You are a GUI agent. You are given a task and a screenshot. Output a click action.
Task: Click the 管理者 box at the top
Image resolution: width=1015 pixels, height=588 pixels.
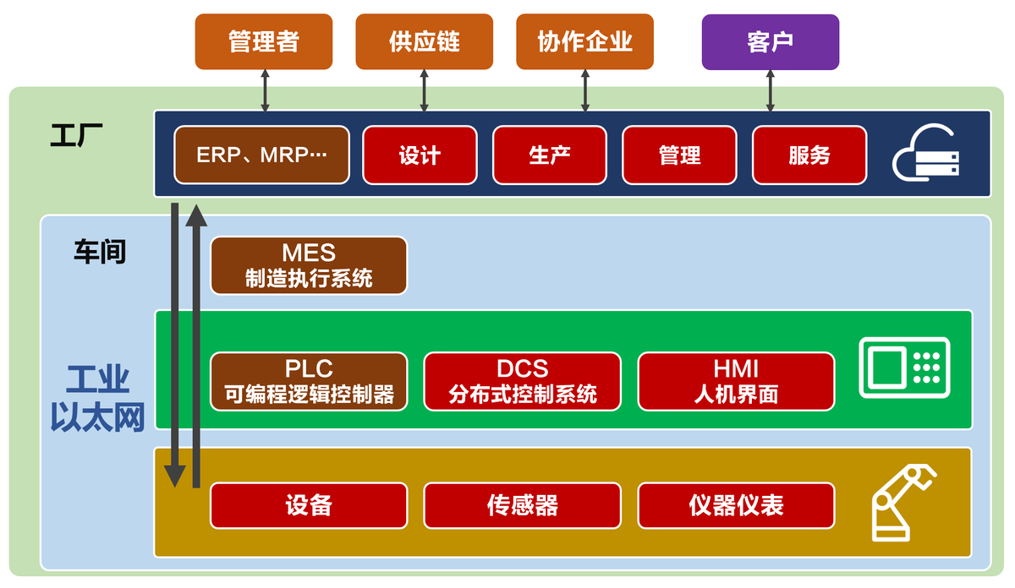(x=264, y=41)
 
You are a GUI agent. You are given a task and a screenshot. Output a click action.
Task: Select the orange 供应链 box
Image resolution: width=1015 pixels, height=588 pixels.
(x=425, y=41)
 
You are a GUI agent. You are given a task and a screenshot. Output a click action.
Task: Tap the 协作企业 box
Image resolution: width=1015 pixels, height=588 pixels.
(x=584, y=41)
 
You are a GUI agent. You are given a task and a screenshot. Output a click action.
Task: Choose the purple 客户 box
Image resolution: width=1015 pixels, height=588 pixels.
(x=770, y=41)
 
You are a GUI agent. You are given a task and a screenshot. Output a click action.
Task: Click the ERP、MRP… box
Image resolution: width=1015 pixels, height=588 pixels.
(x=261, y=155)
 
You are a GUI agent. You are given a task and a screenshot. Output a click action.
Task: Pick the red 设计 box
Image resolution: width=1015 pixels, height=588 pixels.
(x=419, y=155)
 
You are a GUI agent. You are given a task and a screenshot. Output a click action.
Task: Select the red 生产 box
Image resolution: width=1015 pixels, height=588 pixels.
(x=549, y=155)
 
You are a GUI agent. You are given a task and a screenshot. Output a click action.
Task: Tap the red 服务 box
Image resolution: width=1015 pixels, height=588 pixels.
(x=809, y=155)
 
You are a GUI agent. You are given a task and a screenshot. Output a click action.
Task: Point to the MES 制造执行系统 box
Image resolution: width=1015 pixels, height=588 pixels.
(x=309, y=265)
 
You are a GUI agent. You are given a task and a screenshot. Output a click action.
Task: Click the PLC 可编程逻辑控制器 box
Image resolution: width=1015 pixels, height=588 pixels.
(x=309, y=381)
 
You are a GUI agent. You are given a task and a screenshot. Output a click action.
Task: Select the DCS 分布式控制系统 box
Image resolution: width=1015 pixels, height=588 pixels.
(x=522, y=381)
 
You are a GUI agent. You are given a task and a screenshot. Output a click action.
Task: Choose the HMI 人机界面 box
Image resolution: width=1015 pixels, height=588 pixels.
(x=736, y=381)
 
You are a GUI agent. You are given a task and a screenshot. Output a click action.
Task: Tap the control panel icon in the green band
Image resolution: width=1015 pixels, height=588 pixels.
(x=904, y=367)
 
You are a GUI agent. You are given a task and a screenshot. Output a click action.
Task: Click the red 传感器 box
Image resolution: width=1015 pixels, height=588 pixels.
(x=522, y=505)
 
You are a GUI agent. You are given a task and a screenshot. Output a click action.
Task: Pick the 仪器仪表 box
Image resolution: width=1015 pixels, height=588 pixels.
(x=736, y=505)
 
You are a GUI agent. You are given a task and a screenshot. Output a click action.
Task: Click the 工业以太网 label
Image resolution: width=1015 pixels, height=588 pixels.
(x=98, y=399)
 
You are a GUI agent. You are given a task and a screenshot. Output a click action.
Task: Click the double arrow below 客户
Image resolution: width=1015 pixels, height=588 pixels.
(x=770, y=90)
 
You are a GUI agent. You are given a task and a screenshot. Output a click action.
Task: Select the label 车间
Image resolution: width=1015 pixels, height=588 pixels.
(x=99, y=252)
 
